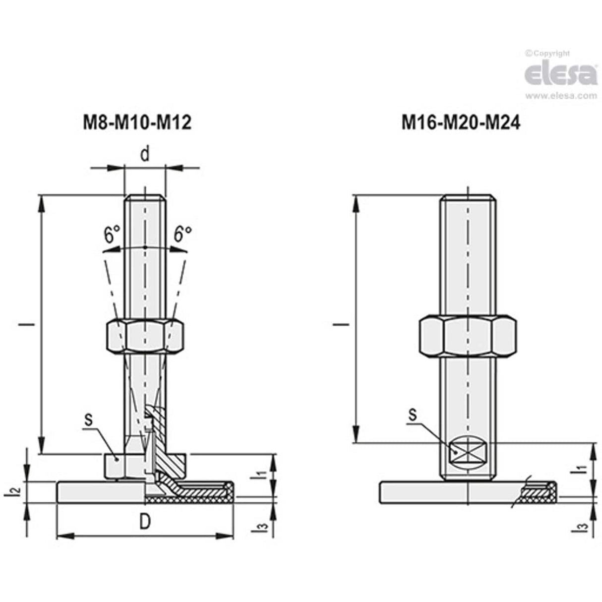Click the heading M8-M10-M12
click(136, 122)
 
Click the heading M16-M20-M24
click(461, 122)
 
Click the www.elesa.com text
click(561, 96)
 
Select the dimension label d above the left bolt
click(144, 154)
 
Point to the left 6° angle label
click(112, 234)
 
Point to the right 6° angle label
click(182, 234)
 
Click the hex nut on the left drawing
click(145, 337)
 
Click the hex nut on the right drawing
click(468, 336)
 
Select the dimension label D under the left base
click(144, 522)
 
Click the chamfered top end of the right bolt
click(468, 198)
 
